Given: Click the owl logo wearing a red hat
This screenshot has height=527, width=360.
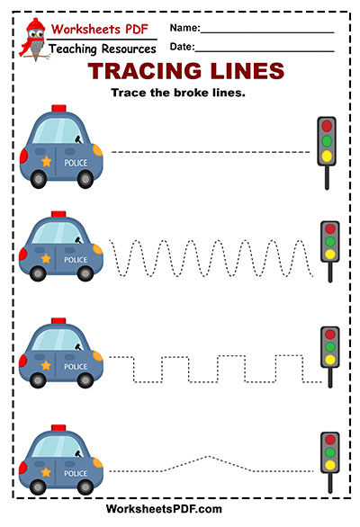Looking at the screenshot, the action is pyautogui.click(x=34, y=40).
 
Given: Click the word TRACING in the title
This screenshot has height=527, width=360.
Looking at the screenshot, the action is pyautogui.click(x=145, y=71).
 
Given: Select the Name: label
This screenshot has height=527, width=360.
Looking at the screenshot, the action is pyautogui.click(x=184, y=28).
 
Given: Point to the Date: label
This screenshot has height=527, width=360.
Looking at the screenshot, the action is pyautogui.click(x=182, y=47).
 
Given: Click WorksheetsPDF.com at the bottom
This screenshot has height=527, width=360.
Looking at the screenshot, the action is pyautogui.click(x=164, y=509).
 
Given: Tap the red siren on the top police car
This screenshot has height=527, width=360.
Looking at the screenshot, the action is pyautogui.click(x=58, y=108).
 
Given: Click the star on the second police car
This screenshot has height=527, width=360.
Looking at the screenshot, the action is pyautogui.click(x=46, y=258).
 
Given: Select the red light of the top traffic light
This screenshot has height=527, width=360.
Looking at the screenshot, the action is pyautogui.click(x=327, y=126).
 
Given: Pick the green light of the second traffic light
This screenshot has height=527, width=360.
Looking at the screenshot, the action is pyautogui.click(x=330, y=241).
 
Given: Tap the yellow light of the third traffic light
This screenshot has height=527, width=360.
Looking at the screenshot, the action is pyautogui.click(x=330, y=360).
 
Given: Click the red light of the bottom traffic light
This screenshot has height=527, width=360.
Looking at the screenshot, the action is pyautogui.click(x=330, y=439).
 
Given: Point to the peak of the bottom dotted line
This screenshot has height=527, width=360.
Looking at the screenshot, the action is pyautogui.click(x=209, y=456).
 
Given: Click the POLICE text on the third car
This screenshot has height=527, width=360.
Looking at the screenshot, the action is pyautogui.click(x=76, y=366).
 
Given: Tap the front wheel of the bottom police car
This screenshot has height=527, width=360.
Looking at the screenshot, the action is pyautogui.click(x=85, y=487).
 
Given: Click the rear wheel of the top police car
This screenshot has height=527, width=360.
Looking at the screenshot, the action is pyautogui.click(x=39, y=179).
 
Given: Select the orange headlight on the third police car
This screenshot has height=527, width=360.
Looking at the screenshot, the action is pyautogui.click(x=98, y=356).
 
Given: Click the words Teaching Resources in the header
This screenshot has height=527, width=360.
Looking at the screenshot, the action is pyautogui.click(x=103, y=49).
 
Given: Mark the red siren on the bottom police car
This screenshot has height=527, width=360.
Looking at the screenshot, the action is pyautogui.click(x=58, y=427).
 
